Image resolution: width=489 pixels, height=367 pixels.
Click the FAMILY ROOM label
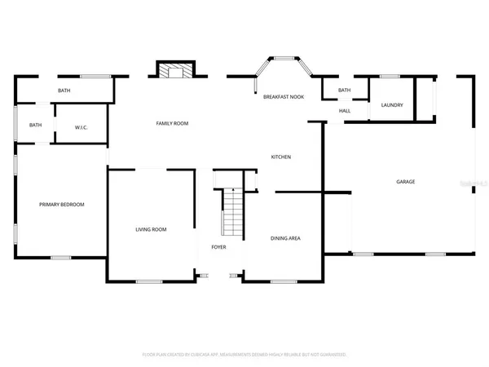(x=172, y=123)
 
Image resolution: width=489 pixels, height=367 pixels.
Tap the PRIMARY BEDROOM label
(x=62, y=204)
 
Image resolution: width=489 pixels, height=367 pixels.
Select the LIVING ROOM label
(x=151, y=229)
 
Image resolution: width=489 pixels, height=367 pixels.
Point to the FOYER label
(x=218, y=246)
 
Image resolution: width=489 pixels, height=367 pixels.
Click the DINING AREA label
(x=286, y=238)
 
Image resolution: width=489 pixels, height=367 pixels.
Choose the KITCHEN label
(x=281, y=157)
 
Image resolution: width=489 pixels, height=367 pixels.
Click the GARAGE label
(x=405, y=181)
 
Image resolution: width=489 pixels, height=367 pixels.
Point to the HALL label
(x=344, y=111)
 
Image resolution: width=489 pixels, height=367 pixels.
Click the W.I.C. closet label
(x=81, y=126)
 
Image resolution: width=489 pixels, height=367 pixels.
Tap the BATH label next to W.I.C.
(x=36, y=125)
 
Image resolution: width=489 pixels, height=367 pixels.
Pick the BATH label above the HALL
(x=344, y=90)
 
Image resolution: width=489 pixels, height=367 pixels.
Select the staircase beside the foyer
(x=233, y=210)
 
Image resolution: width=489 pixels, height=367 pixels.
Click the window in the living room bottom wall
(x=149, y=282)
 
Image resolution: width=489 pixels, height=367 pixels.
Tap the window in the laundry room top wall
(x=390, y=77)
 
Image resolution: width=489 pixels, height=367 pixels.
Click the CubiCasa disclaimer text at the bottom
(x=244, y=355)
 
